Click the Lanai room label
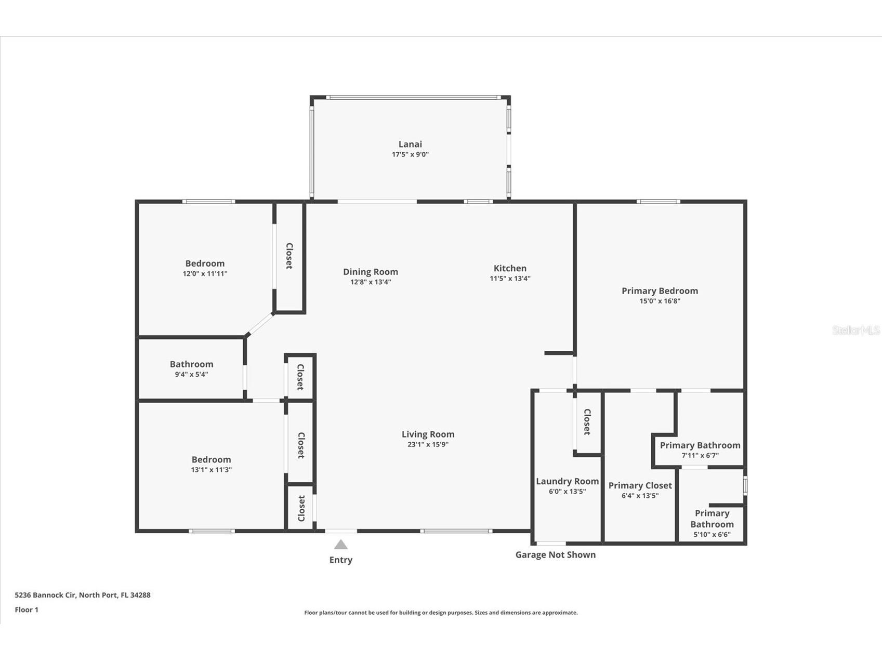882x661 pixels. (410, 144)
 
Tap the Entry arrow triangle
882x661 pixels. (340, 545)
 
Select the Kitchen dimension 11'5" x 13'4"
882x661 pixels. (510, 279)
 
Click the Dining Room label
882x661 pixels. (370, 272)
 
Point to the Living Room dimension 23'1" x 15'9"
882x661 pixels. (428, 444)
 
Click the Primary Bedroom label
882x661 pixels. (660, 290)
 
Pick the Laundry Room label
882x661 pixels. (567, 481)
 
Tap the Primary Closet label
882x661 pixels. (640, 485)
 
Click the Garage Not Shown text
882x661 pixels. (555, 554)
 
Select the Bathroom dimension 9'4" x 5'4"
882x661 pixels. (191, 374)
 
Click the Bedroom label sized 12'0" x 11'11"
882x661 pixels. (205, 263)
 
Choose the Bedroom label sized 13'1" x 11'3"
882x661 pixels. (211, 459)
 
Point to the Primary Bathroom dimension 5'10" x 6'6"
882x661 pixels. (712, 534)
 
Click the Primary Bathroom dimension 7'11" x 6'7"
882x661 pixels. (700, 455)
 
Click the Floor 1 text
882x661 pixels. (27, 610)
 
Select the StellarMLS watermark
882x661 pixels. (855, 330)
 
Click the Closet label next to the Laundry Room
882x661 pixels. (587, 421)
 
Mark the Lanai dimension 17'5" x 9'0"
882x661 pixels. (410, 154)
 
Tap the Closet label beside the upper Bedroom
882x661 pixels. (289, 256)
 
